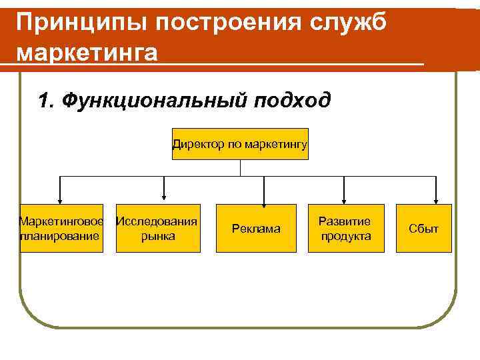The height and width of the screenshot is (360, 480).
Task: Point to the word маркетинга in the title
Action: coord(87,52)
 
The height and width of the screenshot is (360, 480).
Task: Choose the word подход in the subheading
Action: coord(293,101)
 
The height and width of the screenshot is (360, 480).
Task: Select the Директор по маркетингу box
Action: coord(240,143)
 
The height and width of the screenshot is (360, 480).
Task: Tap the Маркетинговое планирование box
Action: coord(61,228)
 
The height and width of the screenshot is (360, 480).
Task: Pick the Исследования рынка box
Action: coord(158,228)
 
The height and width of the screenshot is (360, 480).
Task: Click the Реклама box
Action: coord(256,229)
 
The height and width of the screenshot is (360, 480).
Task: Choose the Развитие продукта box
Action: coord(345,228)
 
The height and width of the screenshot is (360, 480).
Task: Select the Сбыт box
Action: coord(424,229)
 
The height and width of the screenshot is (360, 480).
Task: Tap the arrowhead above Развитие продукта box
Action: coord(343,199)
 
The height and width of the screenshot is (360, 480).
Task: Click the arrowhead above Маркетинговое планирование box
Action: coord(61,199)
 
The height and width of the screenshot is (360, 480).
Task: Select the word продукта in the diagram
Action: coord(345,236)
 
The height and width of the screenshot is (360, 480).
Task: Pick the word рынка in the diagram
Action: coord(159,236)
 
